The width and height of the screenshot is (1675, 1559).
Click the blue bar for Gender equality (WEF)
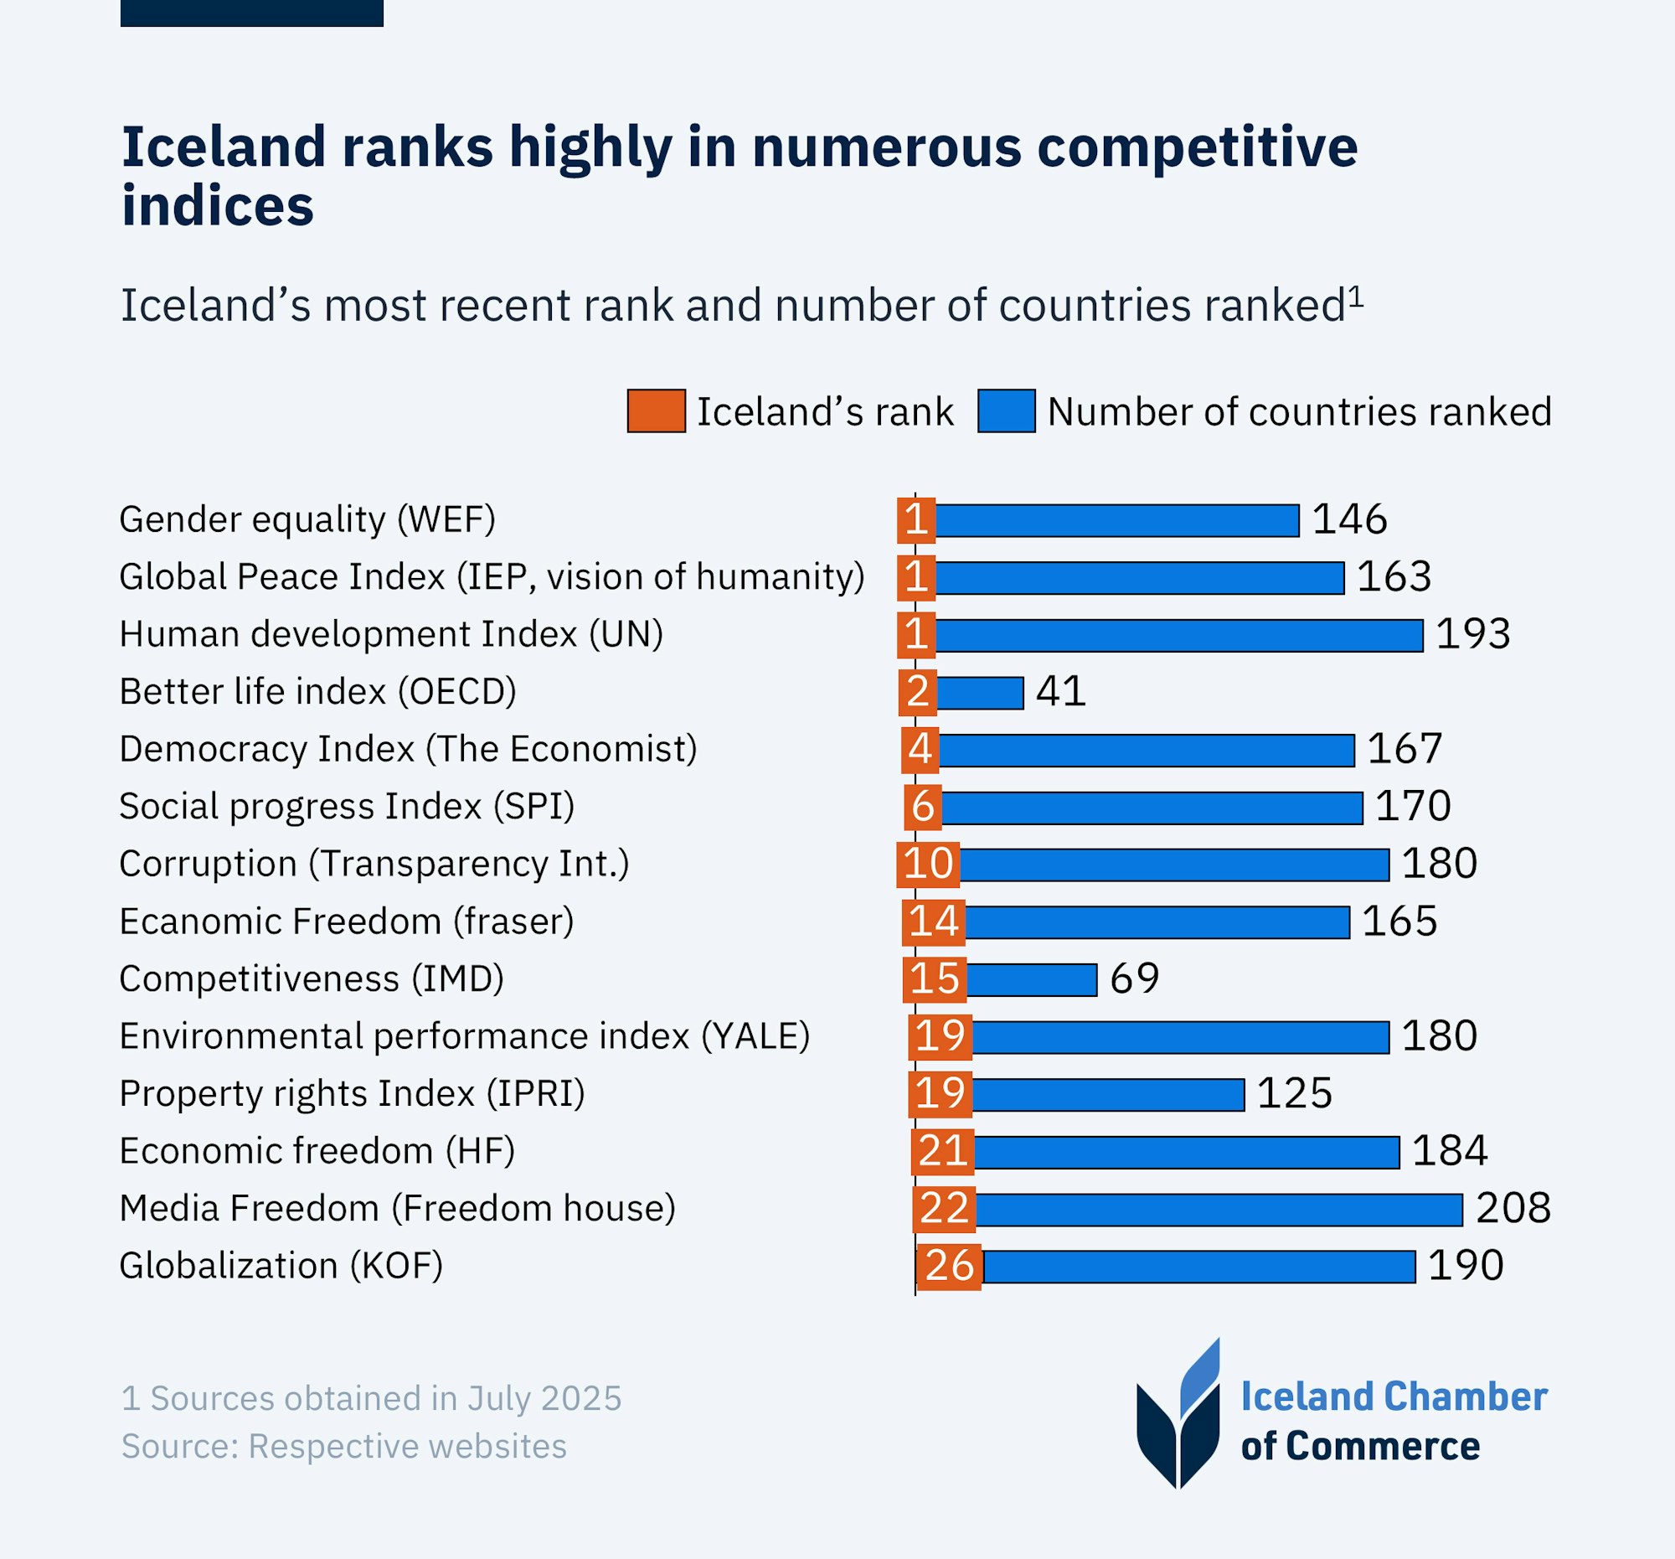1116,521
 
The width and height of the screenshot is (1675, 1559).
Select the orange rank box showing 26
949,1267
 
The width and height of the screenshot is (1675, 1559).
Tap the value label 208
1513,1209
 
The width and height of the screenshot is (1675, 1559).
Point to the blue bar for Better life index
980,693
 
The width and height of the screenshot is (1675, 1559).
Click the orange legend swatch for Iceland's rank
656,411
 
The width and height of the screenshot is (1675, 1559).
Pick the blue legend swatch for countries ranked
1006,411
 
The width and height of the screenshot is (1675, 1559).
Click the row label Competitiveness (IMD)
311,979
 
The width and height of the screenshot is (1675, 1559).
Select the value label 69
1134,978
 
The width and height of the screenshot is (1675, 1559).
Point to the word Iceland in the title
223,147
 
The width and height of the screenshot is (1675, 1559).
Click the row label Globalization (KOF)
281,1266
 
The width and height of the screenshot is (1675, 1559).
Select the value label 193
1473,634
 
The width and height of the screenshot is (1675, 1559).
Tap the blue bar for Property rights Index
1107,1095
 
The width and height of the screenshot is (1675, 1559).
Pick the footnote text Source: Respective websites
343,1446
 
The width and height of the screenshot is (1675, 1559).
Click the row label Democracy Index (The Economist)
408,749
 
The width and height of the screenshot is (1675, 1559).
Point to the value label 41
1061,692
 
